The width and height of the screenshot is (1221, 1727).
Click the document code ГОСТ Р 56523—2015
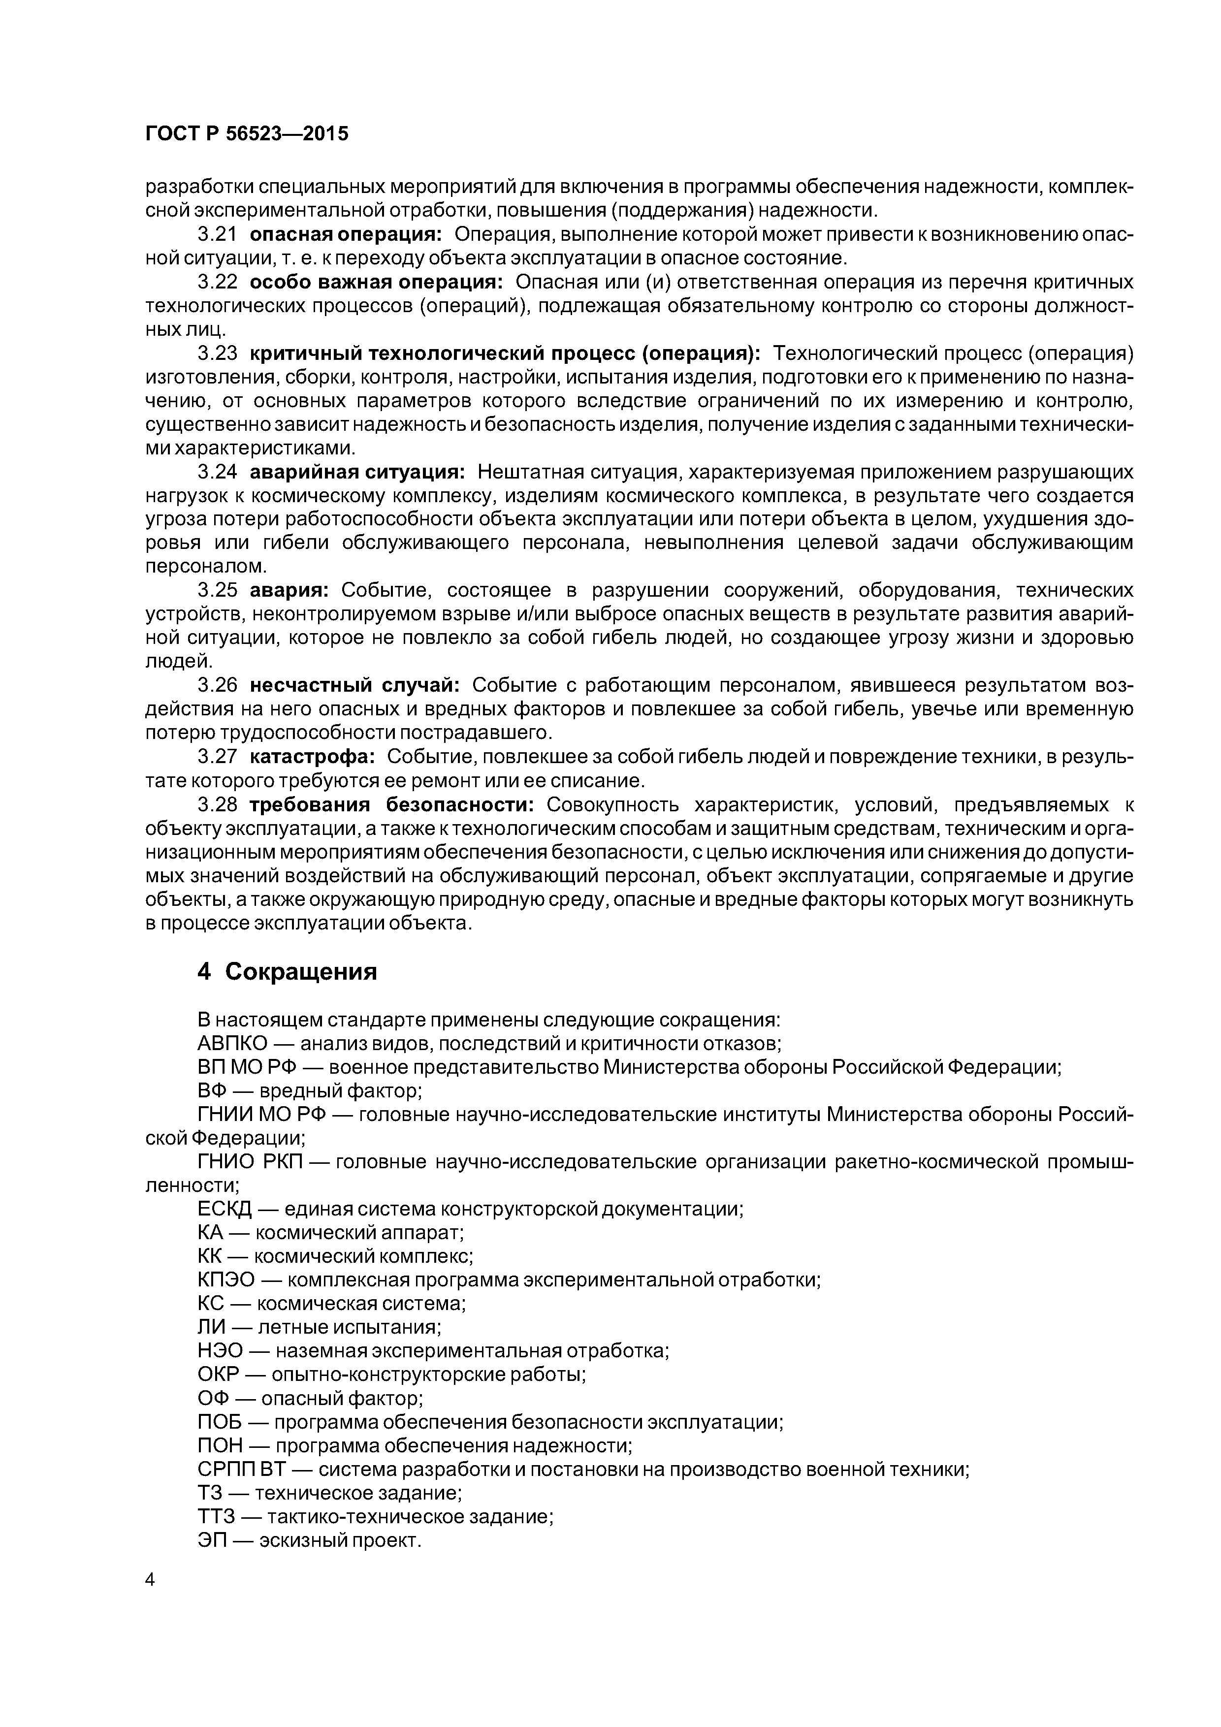pyautogui.click(x=247, y=134)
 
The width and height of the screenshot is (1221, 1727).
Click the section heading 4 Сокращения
pyautogui.click(x=287, y=972)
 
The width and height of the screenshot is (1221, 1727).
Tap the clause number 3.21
pyautogui.click(x=217, y=235)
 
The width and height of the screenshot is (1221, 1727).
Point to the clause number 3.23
pyautogui.click(x=217, y=353)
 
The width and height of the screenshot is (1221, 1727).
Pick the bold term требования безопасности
pyautogui.click(x=391, y=805)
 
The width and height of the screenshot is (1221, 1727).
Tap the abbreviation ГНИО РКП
pyautogui.click(x=249, y=1163)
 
